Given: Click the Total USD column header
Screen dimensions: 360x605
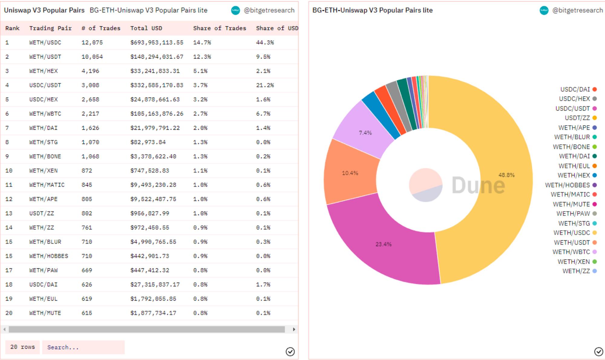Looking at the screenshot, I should (146, 28).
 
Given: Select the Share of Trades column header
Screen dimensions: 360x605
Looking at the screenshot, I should (219, 28).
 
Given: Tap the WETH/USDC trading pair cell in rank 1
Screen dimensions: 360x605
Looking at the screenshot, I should (45, 42).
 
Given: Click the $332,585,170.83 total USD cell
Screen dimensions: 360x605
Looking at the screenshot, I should (157, 85).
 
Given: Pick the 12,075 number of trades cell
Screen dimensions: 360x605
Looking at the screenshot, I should (92, 42).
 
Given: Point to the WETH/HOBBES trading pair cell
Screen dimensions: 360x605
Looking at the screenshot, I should (49, 256).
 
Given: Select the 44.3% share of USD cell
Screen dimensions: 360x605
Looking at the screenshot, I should (265, 42).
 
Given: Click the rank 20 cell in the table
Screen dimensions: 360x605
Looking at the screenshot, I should (9, 313).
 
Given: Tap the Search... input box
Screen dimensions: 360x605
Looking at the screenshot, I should (83, 347).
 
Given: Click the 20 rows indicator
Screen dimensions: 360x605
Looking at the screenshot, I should (22, 347).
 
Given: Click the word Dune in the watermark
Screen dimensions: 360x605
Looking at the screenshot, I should (478, 185).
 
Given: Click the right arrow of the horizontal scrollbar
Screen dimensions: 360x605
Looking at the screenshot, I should (294, 329).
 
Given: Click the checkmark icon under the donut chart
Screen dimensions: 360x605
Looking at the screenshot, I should (598, 352).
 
